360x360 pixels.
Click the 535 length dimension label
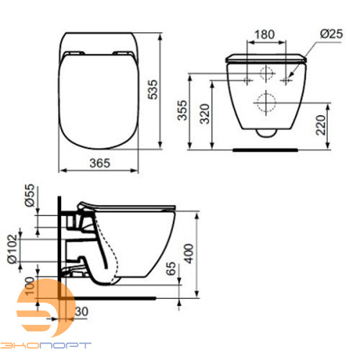click(x=153, y=89)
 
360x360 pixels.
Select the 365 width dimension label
click(x=100, y=163)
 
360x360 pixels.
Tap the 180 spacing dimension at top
click(x=264, y=35)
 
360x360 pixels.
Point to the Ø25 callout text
click(x=331, y=34)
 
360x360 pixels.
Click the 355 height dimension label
click(x=182, y=110)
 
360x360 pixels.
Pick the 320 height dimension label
click(x=204, y=114)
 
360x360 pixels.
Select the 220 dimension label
click(x=320, y=125)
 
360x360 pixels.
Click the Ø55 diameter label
click(x=30, y=195)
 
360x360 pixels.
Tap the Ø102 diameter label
click(x=12, y=249)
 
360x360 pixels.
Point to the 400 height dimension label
click(x=189, y=253)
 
